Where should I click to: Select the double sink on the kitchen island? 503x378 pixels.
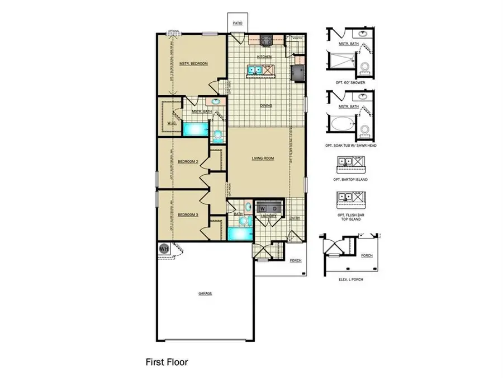(254, 71)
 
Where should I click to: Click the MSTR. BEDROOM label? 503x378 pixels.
(193, 64)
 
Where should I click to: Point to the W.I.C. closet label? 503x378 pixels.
(172, 123)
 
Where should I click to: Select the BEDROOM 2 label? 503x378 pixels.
(188, 162)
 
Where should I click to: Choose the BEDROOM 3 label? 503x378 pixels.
(188, 214)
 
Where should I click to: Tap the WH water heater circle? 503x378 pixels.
(164, 248)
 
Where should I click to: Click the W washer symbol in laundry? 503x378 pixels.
(262, 208)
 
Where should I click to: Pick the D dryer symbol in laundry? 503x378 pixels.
(275, 208)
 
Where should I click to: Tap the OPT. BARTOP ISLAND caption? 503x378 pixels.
(349, 179)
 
